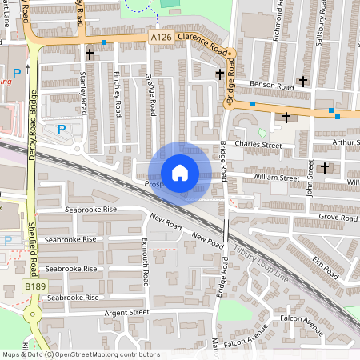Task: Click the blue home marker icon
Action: [180, 174]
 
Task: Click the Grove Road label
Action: [337, 217]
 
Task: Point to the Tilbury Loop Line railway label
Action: [260, 265]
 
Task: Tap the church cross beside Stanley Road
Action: [89, 54]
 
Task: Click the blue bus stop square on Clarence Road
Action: [104, 42]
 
